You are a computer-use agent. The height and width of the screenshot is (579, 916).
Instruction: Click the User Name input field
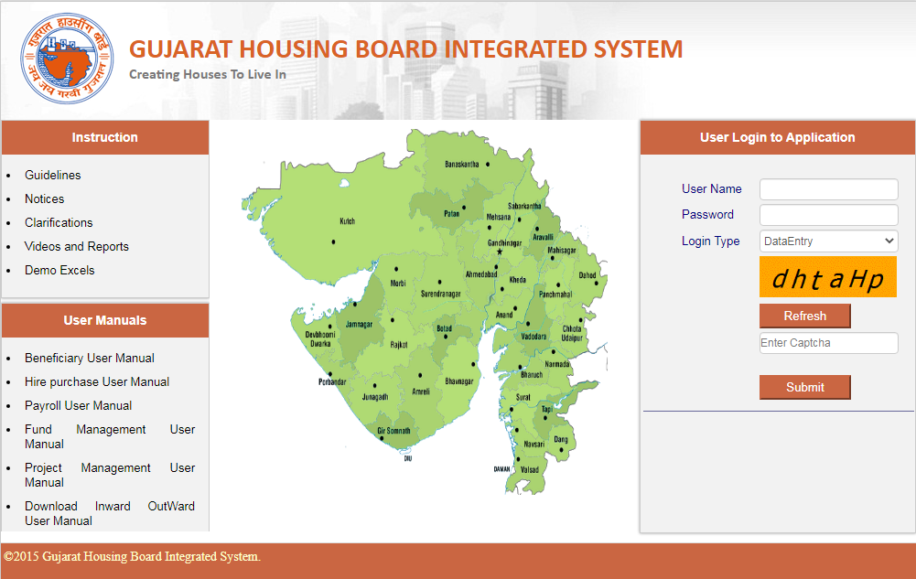828,189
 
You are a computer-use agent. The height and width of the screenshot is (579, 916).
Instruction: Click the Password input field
828,215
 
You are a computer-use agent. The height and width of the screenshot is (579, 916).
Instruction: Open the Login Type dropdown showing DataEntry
828,241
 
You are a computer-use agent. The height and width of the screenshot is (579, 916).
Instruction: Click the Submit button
804,387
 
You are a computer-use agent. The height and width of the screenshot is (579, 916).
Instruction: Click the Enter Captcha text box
828,343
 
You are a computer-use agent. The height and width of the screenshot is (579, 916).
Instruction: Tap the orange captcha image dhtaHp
827,278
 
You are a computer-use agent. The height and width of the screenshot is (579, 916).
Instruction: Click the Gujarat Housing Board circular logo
68,59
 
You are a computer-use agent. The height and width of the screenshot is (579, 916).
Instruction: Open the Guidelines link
52,175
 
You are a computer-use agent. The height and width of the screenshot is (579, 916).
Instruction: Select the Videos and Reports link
76,246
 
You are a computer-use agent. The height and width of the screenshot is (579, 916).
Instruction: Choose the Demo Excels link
59,270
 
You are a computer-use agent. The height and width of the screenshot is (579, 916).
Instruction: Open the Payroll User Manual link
78,405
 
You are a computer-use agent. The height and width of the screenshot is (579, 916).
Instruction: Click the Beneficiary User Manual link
89,358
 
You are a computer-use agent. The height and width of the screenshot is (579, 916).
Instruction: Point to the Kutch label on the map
347,221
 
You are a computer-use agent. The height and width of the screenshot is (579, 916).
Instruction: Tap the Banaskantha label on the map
461,165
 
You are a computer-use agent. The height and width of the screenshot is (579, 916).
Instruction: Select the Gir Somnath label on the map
393,430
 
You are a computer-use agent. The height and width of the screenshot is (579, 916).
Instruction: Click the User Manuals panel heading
104,320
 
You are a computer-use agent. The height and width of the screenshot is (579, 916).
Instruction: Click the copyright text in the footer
132,556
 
